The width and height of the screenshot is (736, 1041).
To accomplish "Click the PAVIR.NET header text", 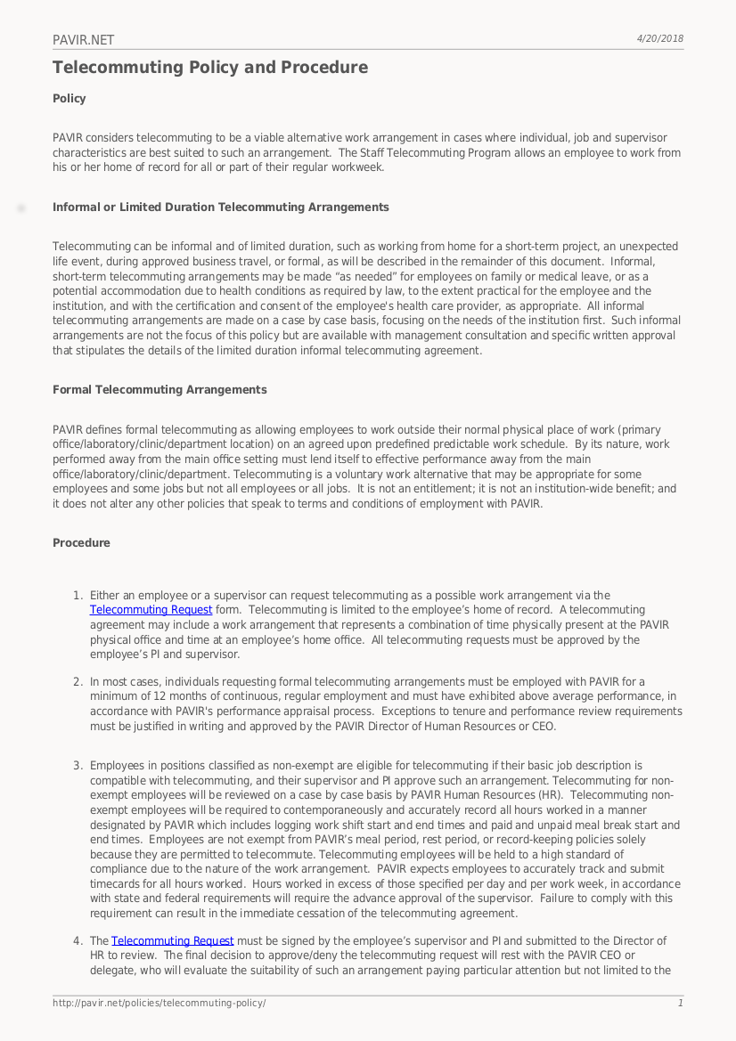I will point(83,40).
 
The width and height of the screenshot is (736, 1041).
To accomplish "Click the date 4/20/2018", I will point(659,38).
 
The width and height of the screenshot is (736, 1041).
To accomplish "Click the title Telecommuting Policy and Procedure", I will point(209,68).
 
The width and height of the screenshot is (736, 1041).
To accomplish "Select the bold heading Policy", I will point(70,99).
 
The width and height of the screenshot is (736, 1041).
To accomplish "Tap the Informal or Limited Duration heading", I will point(220,207).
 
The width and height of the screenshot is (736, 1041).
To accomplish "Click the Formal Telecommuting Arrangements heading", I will point(159,390).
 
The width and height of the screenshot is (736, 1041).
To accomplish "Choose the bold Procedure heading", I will point(81,543).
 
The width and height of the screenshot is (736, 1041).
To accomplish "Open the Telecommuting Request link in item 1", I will point(151,610).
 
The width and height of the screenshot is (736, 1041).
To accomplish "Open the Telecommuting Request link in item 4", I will point(172,941).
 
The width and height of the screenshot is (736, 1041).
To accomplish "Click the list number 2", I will point(77,682).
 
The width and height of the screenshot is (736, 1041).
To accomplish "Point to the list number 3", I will point(77,766).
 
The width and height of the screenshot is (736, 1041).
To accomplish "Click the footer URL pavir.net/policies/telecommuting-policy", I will point(159,1004).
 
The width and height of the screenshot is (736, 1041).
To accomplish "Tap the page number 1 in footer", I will point(680,1004).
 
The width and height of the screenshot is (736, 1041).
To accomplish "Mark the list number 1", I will point(77,596).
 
